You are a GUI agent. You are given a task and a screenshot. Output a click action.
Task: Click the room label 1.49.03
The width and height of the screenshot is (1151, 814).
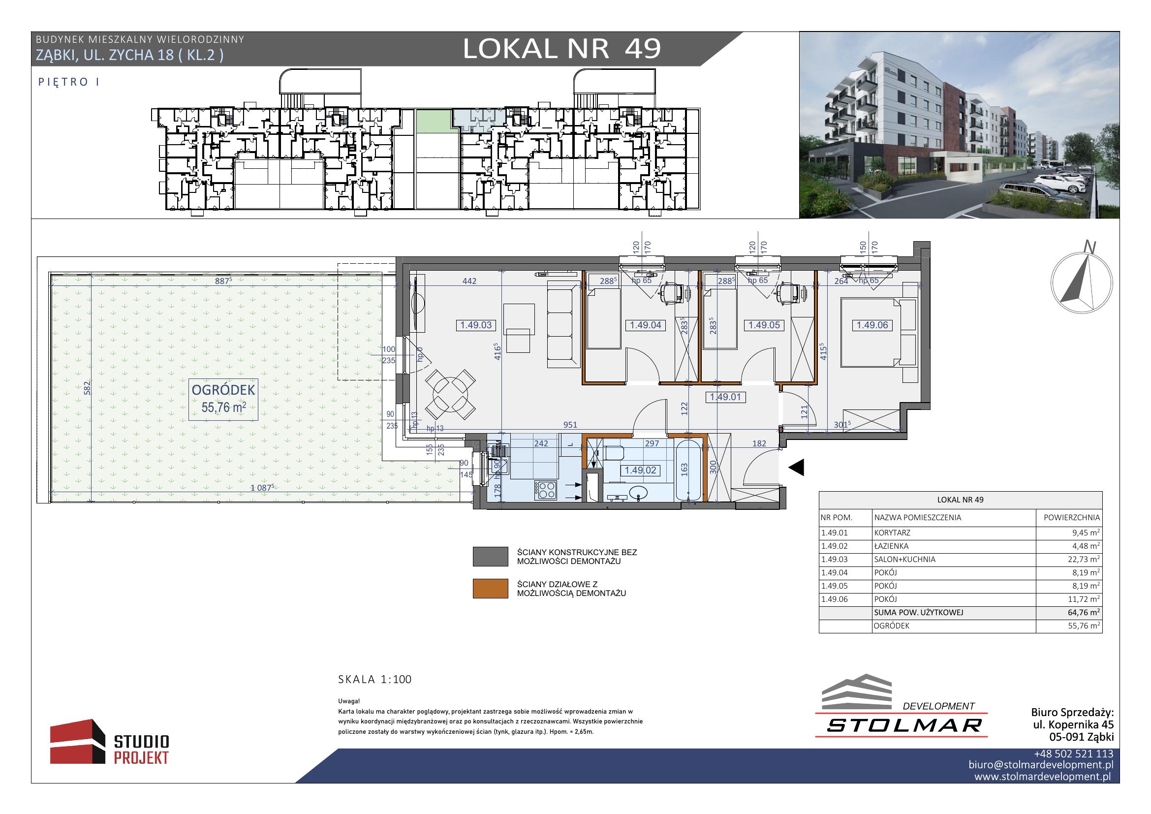click(476, 325)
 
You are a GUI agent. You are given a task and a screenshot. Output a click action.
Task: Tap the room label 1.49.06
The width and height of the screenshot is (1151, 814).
click(872, 325)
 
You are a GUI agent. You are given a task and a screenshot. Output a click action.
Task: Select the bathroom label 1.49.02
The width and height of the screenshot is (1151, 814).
click(640, 470)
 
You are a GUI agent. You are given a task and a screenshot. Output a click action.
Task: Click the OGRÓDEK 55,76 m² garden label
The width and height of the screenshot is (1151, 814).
click(223, 399)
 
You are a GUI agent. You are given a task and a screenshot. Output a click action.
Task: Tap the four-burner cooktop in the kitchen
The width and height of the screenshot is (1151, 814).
click(545, 490)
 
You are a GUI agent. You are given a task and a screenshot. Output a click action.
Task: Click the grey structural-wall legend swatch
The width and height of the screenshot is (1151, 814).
click(490, 557)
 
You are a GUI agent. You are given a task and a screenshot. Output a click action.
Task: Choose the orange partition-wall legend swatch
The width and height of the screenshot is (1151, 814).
click(490, 589)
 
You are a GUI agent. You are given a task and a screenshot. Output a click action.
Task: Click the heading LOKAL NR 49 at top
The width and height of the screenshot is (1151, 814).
click(562, 49)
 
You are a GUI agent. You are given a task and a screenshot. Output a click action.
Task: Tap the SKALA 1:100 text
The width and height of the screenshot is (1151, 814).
click(375, 679)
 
